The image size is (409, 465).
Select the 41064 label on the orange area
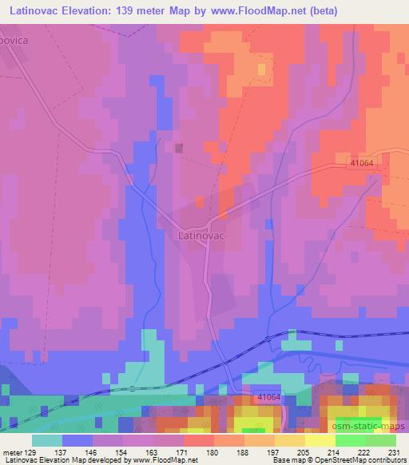pos(361,162)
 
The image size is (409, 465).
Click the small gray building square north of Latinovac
pos(179,147)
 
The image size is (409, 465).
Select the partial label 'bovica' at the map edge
pos(14,38)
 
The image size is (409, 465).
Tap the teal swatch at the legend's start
pos(47,440)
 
